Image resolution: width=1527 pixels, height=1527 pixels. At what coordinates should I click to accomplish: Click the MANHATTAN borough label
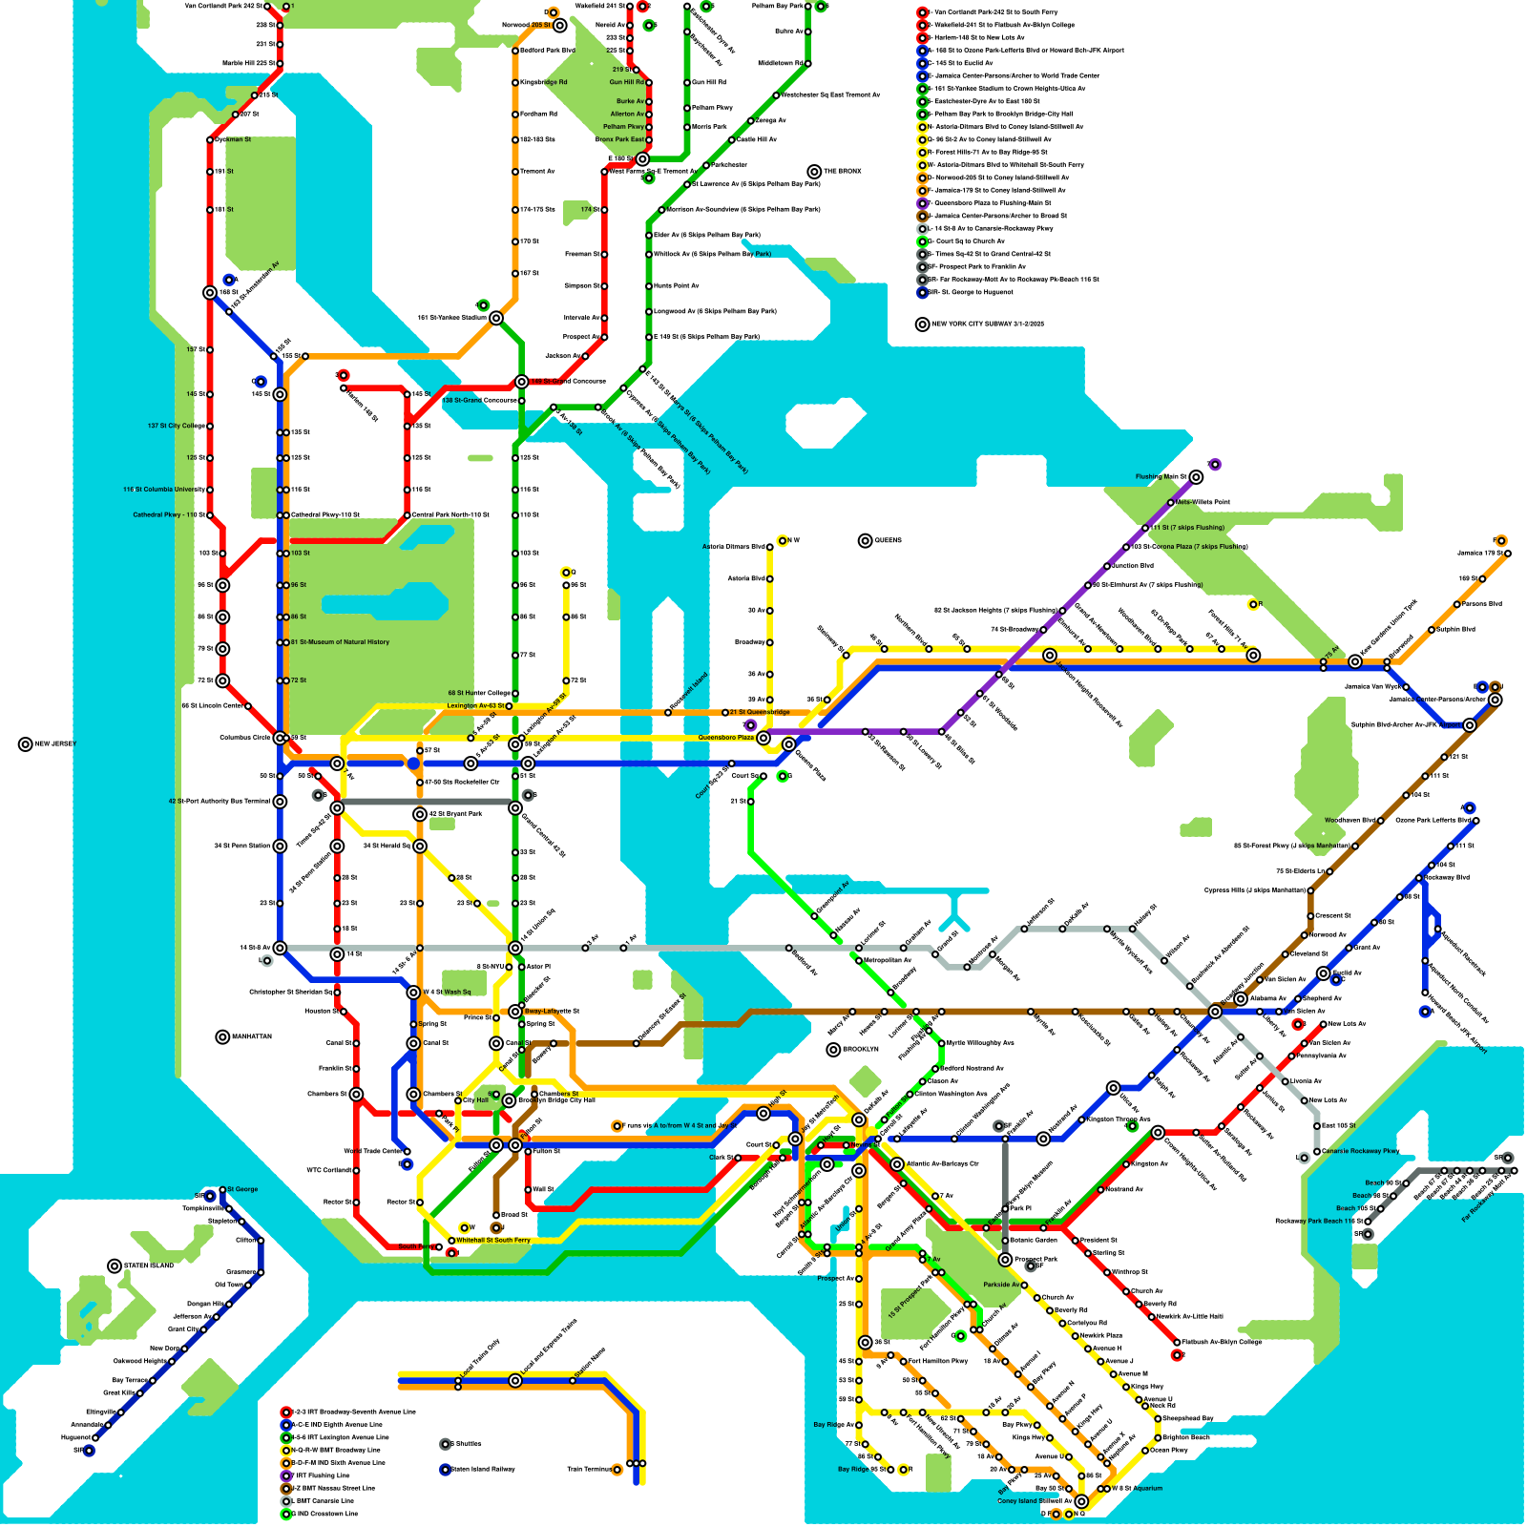250,1036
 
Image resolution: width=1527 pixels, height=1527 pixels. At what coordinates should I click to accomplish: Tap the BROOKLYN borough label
860,1049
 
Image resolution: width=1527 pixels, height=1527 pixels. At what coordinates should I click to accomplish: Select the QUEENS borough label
888,540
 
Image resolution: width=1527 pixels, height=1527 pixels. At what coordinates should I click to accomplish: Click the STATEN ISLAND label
149,1266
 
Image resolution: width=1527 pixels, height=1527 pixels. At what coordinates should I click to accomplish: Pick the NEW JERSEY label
54,743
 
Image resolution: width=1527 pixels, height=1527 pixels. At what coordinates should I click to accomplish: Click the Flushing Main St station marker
1196,476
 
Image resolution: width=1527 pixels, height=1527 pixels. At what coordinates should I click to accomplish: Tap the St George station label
242,1189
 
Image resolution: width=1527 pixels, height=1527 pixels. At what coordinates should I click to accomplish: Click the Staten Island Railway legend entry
481,1469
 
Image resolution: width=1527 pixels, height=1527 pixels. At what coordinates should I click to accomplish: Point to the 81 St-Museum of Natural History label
340,642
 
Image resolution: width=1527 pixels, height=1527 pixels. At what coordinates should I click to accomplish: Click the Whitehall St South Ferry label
493,1241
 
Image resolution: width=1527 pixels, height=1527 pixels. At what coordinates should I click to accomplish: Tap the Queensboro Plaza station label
725,738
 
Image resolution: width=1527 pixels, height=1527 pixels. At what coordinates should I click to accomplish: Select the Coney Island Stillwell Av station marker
1080,1501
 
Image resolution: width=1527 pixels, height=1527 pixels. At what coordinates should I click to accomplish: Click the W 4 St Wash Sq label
447,992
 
